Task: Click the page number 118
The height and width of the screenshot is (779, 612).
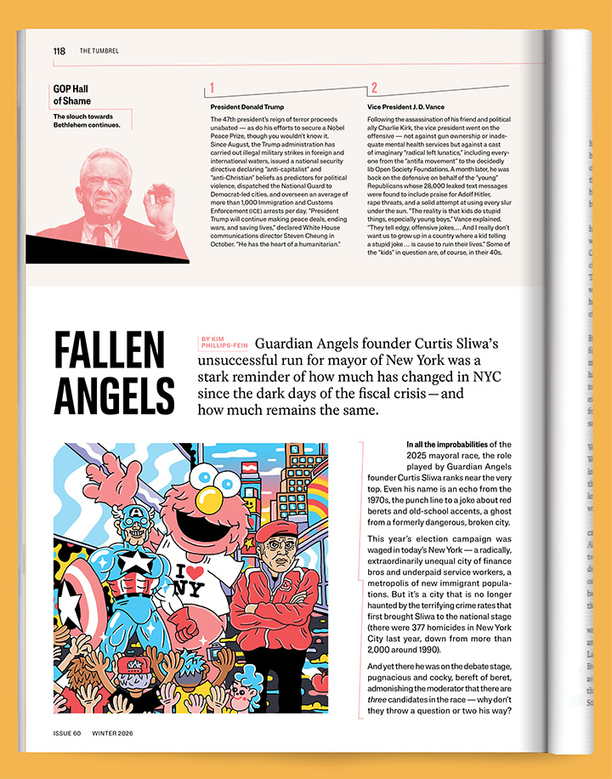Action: [59, 51]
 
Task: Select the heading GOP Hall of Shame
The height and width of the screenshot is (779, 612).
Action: [71, 94]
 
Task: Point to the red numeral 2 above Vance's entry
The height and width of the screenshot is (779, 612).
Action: [374, 88]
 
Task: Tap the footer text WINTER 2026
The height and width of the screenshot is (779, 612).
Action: [113, 733]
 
